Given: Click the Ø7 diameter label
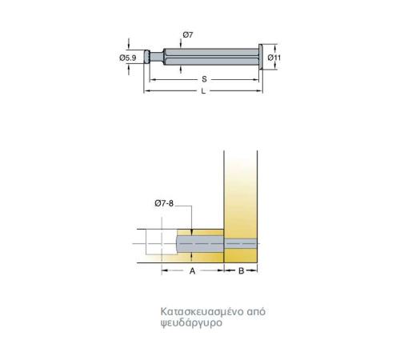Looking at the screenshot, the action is [x=188, y=35].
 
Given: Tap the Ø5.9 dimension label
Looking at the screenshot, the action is [x=128, y=58].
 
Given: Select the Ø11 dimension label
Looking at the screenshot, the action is [x=274, y=58].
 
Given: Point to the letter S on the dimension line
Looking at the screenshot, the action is [x=204, y=79].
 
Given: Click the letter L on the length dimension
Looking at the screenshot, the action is [x=203, y=91].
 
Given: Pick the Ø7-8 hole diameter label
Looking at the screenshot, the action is [x=164, y=203].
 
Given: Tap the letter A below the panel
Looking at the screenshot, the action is [x=192, y=271].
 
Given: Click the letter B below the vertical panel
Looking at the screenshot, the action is [x=241, y=271].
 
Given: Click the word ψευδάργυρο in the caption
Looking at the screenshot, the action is [x=191, y=323].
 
